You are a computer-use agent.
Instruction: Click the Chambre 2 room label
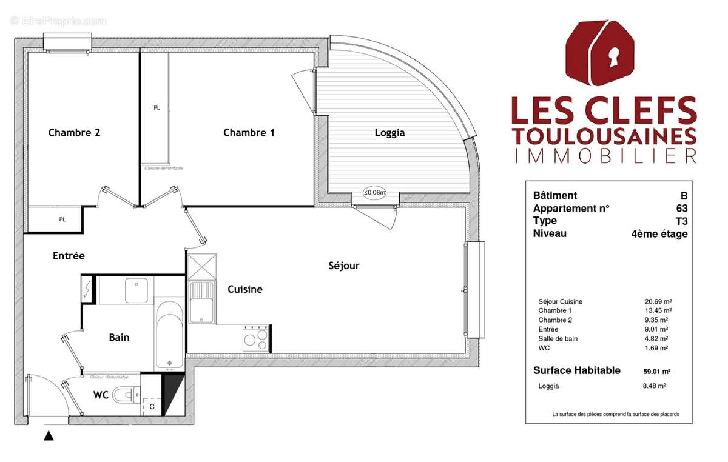pyautogui.click(x=74, y=133)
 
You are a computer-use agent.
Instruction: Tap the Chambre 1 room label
pyautogui.click(x=249, y=133)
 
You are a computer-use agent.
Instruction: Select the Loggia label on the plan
pyautogui.click(x=389, y=133)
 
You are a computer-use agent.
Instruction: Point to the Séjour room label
pyautogui.click(x=344, y=266)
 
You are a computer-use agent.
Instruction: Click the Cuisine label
pyautogui.click(x=245, y=289)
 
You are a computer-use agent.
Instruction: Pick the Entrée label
pyautogui.click(x=68, y=256)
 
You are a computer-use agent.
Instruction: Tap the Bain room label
pyautogui.click(x=119, y=337)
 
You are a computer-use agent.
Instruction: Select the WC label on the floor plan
pyautogui.click(x=101, y=395)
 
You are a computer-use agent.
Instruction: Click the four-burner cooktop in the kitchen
pyautogui.click(x=256, y=338)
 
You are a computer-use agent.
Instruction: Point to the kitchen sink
pyautogui.click(x=201, y=303)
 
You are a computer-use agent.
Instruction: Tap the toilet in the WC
pyautogui.click(x=126, y=395)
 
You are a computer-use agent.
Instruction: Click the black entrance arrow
pyautogui.click(x=49, y=435)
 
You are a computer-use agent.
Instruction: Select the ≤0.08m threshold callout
pyautogui.click(x=374, y=193)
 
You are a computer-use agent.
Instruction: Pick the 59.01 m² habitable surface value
pyautogui.click(x=656, y=371)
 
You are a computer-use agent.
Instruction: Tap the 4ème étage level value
pyautogui.click(x=659, y=233)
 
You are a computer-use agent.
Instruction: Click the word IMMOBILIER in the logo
pyautogui.click(x=605, y=156)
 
